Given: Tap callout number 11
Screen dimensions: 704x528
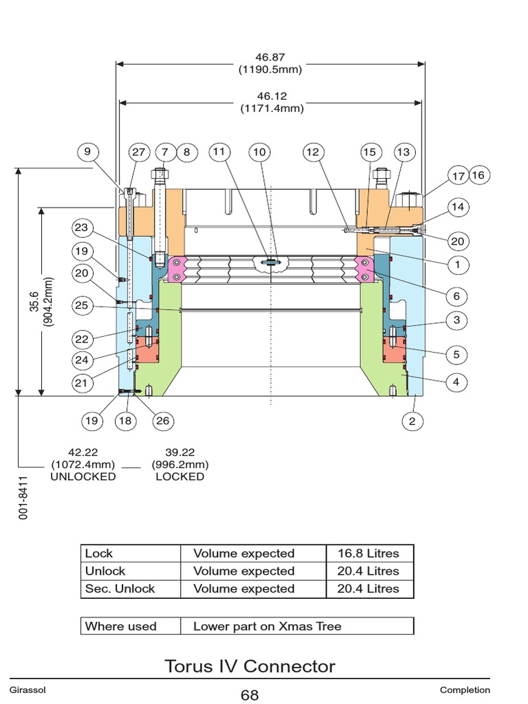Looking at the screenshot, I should coord(219,152).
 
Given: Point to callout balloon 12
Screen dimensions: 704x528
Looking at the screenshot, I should coord(313,152).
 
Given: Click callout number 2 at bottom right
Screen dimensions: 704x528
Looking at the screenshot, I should coord(412,421).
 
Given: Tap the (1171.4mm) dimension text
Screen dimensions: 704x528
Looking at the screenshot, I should coord(272,108).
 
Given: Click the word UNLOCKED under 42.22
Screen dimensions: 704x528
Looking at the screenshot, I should coord(84,476).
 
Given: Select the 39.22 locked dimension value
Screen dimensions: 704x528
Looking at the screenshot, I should coord(179,452).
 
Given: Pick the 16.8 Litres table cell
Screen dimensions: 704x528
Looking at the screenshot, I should coord(368,553).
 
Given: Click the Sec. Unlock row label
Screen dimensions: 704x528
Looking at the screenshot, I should coord(120,588).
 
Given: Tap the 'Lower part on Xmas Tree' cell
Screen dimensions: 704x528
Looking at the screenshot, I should coord(267,626).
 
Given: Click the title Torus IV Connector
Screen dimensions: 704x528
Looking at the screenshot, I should coord(250,665).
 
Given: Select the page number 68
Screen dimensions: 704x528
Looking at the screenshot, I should coord(250,695).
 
